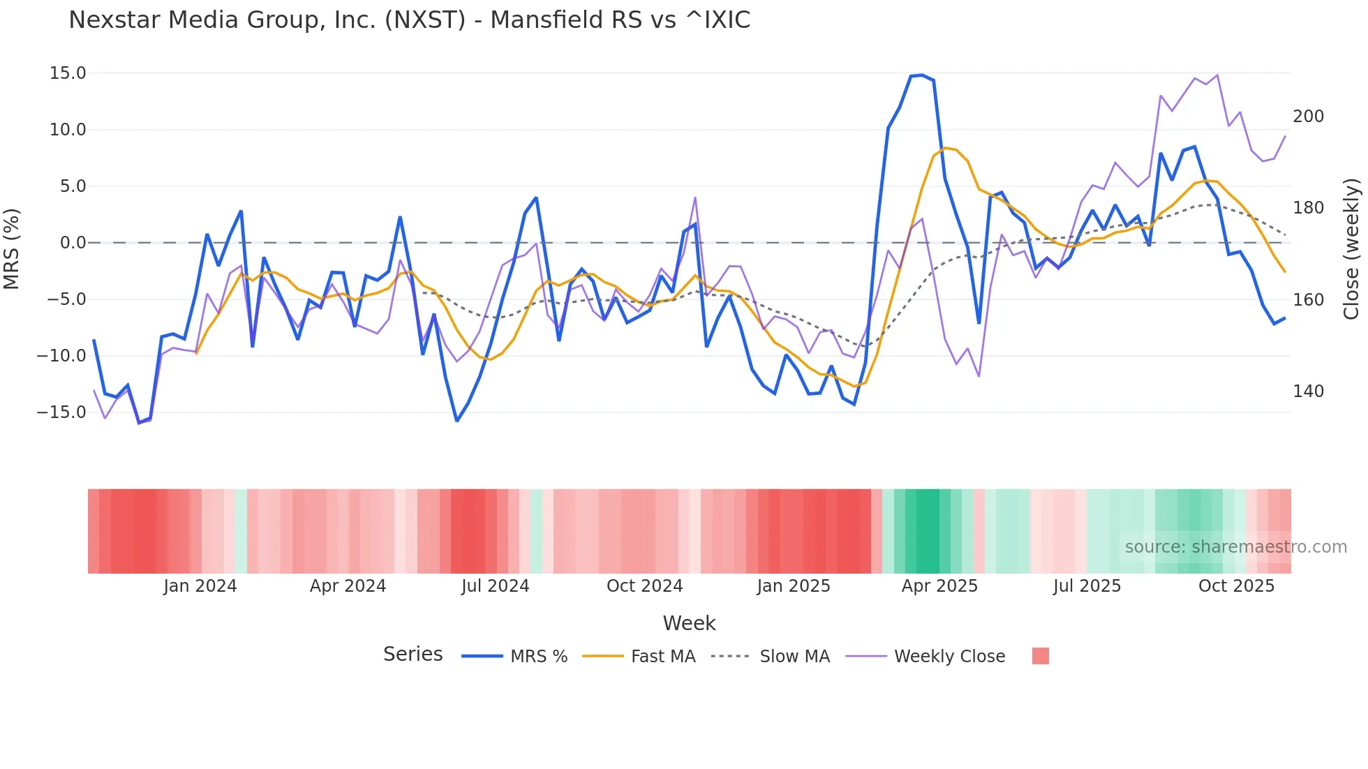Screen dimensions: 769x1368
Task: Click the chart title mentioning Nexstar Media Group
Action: coord(409,20)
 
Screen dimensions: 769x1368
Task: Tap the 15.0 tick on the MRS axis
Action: coord(68,73)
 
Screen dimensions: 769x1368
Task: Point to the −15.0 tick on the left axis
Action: coord(61,412)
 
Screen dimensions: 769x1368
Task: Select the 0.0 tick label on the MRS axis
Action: coord(73,243)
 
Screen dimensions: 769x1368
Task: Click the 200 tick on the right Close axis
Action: coord(1308,117)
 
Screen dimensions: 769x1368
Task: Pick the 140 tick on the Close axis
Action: coord(1308,391)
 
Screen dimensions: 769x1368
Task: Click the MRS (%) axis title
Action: coord(12,248)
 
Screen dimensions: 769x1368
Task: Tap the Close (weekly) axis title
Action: coord(1351,249)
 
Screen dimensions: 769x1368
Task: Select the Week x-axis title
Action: coord(689,623)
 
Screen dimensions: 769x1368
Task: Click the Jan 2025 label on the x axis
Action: coord(794,586)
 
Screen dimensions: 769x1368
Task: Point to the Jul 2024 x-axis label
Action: coord(495,586)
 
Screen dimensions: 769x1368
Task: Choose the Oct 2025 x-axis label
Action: coord(1236,586)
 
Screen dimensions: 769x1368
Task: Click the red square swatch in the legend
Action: coord(1040,656)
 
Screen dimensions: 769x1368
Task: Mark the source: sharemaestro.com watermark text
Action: coord(1235,547)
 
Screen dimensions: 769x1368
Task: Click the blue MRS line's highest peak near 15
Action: coord(922,75)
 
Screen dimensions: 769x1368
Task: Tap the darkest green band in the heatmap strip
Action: coord(928,531)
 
